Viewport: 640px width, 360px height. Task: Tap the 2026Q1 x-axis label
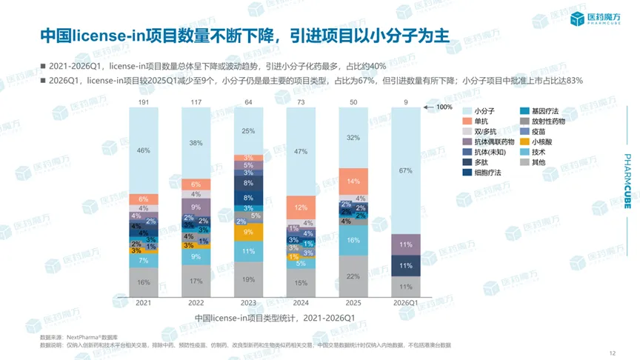406,303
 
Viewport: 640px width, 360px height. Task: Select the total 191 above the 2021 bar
143,101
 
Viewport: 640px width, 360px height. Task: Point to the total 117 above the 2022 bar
195,101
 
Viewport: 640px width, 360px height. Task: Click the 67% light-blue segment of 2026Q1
406,170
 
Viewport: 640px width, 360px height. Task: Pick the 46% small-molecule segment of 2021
143,150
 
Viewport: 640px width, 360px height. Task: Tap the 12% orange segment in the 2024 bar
300,208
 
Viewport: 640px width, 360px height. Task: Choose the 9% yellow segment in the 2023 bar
248,233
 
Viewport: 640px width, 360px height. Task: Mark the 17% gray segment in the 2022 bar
195,281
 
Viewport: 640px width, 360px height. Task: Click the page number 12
612,353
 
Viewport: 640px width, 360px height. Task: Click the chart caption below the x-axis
275,318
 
